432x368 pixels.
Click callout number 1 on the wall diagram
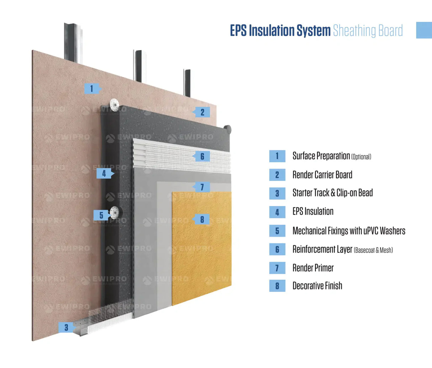coord(92,88)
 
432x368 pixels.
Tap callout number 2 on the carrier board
coord(202,112)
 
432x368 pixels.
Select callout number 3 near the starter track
coord(66,327)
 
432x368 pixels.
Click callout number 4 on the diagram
coord(104,174)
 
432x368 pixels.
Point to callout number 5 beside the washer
coord(101,215)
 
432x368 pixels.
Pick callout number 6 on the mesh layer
coord(202,156)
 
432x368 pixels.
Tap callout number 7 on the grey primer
coord(202,187)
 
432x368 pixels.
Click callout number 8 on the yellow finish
coord(202,219)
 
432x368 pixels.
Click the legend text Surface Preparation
coord(321,156)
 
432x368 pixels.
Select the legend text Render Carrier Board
coord(322,175)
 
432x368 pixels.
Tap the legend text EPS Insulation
coord(313,212)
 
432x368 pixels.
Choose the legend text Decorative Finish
coord(317,286)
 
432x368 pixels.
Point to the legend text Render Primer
coord(313,268)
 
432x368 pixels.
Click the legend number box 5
coord(277,231)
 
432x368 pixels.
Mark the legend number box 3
coord(277,193)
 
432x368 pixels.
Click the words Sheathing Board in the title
coord(368,31)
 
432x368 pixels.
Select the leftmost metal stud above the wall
coord(73,43)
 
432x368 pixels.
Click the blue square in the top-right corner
coord(424,30)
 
